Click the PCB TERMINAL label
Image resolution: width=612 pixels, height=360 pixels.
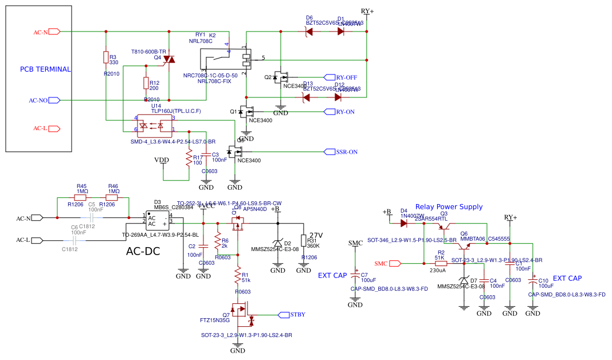click(x=45, y=69)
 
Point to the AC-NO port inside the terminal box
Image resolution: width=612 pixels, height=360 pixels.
click(x=54, y=100)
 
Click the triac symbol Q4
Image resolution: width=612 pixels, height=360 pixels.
click(x=168, y=59)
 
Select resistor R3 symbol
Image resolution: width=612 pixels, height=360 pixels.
click(x=105, y=57)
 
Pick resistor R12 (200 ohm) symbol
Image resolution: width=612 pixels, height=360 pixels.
click(x=146, y=84)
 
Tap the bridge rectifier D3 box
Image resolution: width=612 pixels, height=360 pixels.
click(x=156, y=222)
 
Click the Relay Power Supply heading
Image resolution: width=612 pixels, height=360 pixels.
click(x=449, y=207)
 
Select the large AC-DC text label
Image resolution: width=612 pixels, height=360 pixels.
click(x=143, y=251)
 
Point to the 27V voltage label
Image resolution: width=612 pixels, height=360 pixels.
click(x=316, y=236)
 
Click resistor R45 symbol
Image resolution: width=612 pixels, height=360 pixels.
click(x=81, y=197)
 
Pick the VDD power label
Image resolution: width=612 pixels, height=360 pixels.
click(x=162, y=160)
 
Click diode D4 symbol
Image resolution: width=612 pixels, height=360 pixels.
click(x=404, y=223)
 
